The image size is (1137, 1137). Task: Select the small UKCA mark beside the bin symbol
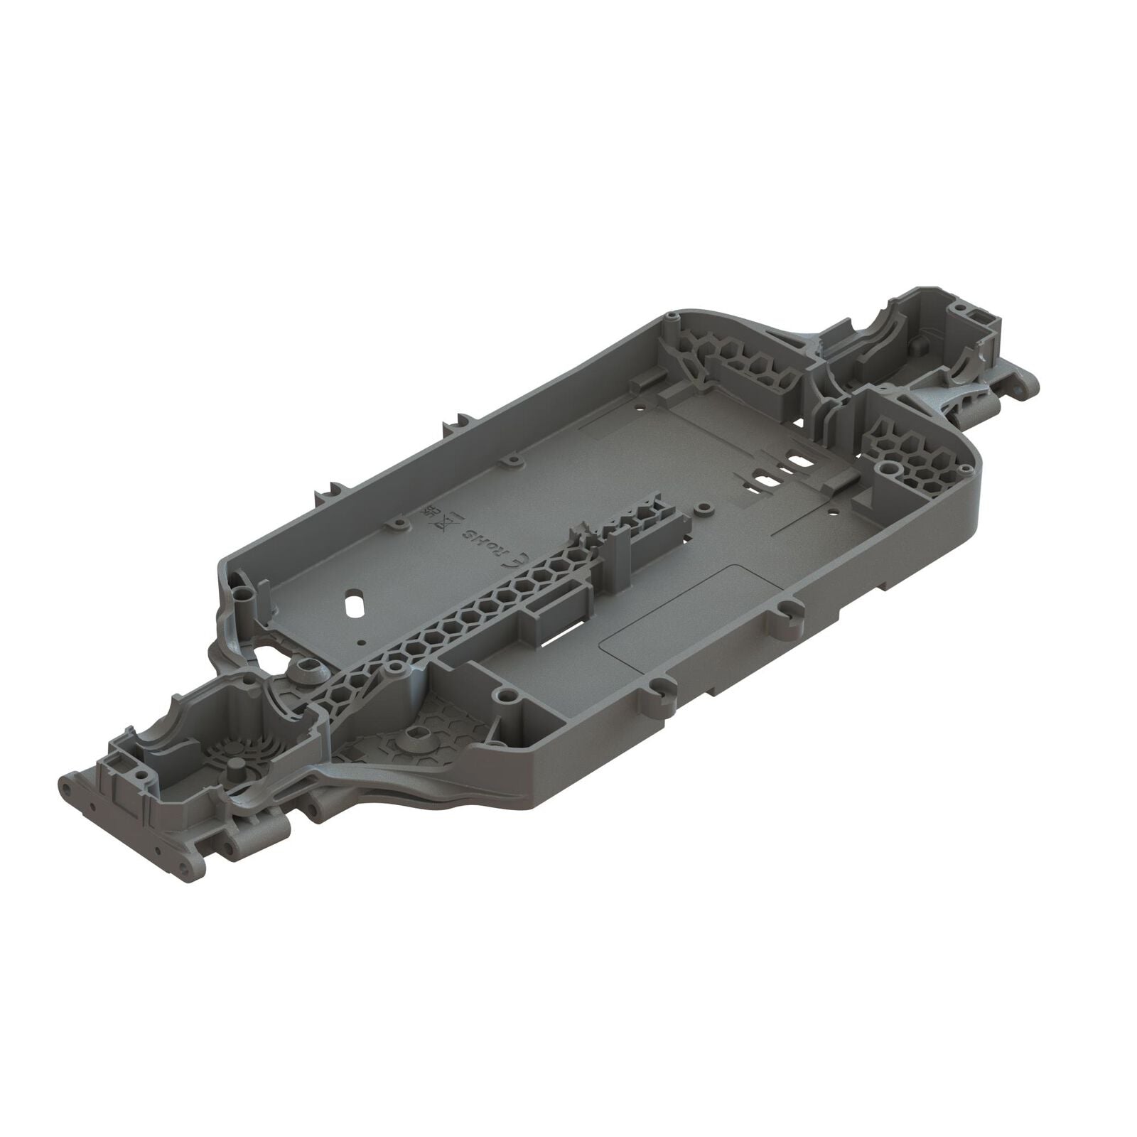click(x=428, y=512)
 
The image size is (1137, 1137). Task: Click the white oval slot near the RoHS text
click(x=354, y=605)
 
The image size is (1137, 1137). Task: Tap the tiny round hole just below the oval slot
click(x=363, y=641)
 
